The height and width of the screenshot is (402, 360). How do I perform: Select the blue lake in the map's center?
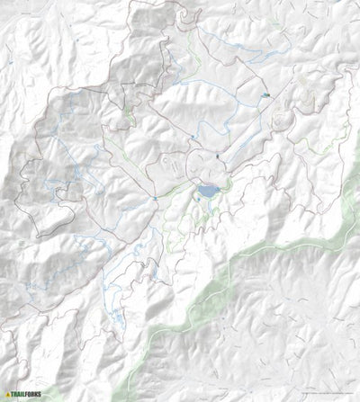pos(208,192)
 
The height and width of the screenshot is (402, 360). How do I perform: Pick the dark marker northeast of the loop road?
pos(220,158)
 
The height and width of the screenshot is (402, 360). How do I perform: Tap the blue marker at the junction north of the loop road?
pos(193,137)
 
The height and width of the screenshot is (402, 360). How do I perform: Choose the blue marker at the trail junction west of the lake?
pos(156,195)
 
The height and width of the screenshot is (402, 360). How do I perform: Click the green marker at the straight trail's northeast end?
pos(266,95)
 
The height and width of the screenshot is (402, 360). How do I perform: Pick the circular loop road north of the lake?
pos(202,162)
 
